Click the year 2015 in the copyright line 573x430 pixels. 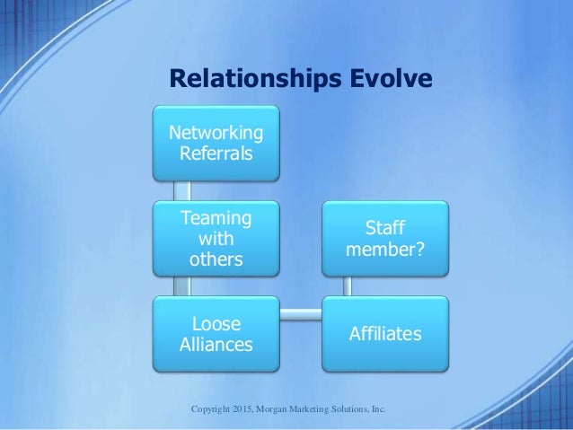[242, 409]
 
